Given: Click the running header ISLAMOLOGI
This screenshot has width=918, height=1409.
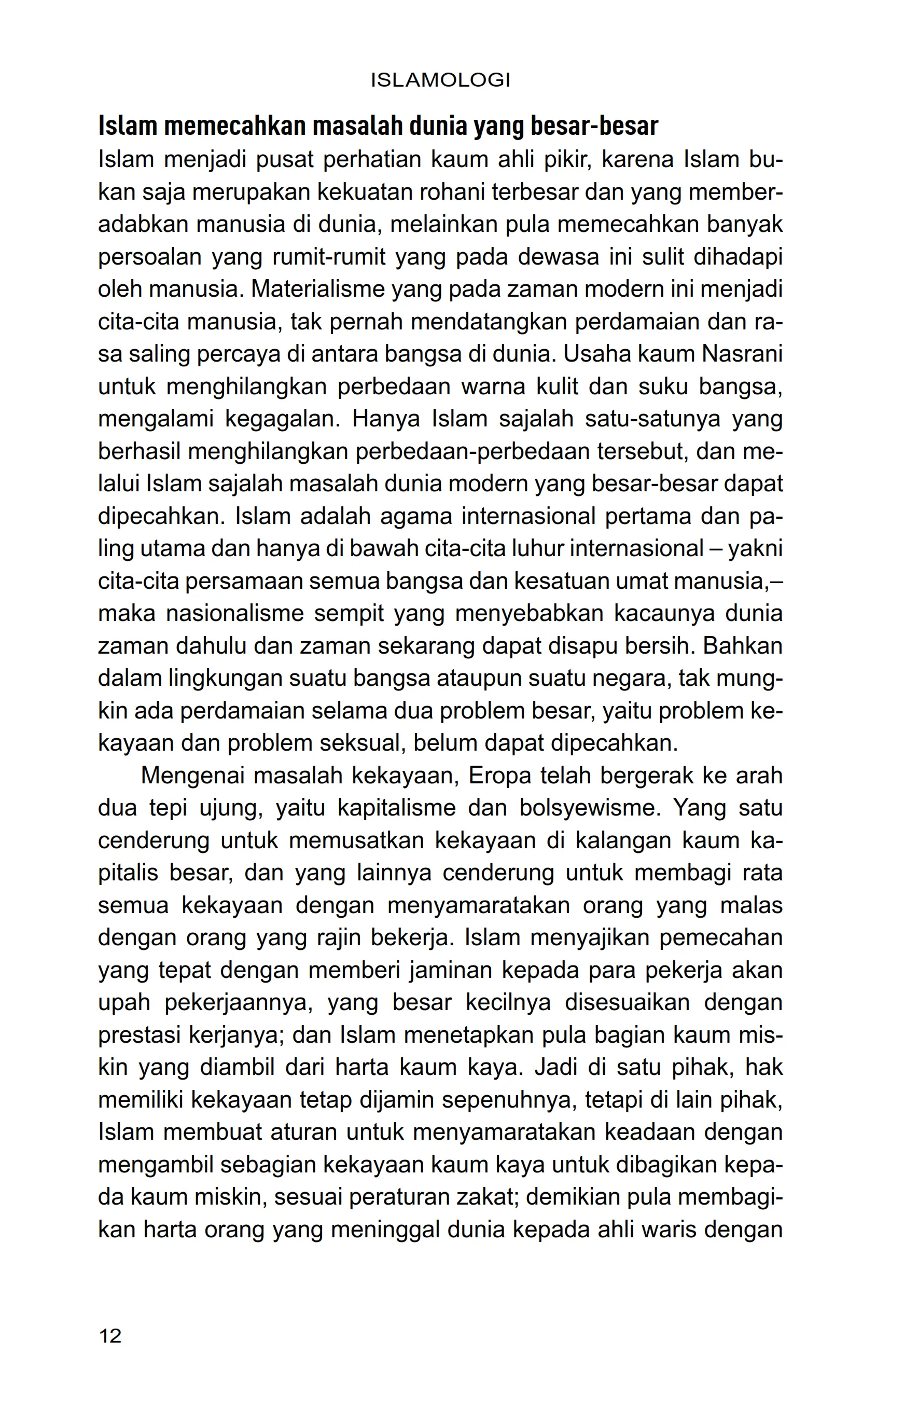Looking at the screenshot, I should pos(440,80).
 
